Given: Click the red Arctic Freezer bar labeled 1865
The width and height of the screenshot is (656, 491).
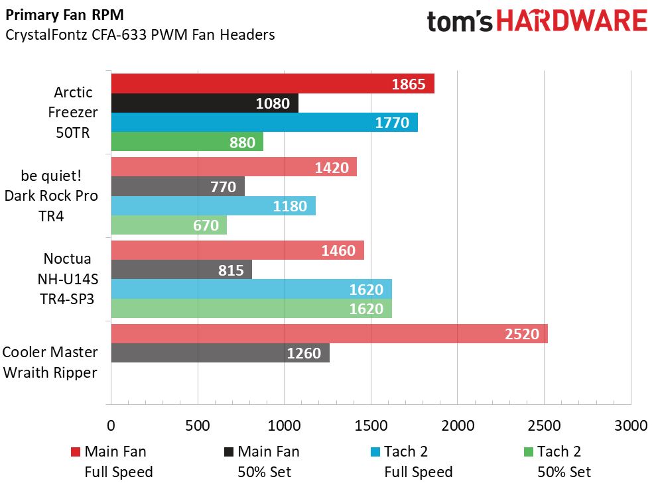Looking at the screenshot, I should coord(272,84).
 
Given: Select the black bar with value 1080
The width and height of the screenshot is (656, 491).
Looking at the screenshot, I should coord(204,103).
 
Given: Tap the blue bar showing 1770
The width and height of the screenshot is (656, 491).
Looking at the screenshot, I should coord(264,123).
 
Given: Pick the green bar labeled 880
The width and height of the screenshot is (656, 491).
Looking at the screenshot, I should coord(186,142).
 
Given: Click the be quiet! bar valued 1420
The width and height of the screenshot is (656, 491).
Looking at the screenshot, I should coord(233,167).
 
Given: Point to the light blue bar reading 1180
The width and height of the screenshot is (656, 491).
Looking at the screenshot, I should coord(213,206).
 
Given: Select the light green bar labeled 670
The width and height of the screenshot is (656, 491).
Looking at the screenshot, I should coord(168,225).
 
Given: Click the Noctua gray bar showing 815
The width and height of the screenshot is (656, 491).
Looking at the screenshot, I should coord(181,270).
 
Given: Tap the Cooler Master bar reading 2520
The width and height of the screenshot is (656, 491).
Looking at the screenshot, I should coord(329,334).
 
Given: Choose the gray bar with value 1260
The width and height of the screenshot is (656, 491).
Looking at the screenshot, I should coord(220,353).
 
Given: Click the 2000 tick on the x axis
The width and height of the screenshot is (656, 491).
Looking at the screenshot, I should coord(457,425).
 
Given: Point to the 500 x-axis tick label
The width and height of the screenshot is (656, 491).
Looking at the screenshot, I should coord(198,425).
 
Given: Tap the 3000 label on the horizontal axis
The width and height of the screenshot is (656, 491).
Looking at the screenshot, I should coord(630,425).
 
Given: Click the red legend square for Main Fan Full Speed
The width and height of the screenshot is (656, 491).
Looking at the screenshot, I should coord(75,453).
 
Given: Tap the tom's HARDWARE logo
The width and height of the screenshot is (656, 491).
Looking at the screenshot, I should coord(537,21).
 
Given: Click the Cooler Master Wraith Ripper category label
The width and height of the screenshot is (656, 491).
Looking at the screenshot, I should coord(50,362).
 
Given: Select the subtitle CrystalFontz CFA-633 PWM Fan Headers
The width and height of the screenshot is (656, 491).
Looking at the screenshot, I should coord(139,35).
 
